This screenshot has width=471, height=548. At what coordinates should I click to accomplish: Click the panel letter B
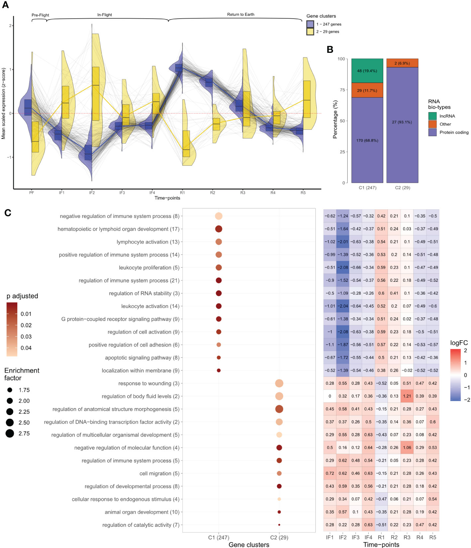coord(330,50)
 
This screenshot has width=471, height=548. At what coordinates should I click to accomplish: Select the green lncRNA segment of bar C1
coord(367,71)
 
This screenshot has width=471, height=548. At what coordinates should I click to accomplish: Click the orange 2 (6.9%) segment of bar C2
coord(402,63)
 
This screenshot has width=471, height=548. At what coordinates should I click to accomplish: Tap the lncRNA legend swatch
coord(432,116)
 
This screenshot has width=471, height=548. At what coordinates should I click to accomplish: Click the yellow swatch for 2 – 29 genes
coord(310,32)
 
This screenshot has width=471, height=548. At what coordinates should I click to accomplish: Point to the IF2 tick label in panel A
coord(92,193)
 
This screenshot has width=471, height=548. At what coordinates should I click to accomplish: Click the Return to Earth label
coord(241,15)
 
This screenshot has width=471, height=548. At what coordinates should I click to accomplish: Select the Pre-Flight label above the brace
coord(40,15)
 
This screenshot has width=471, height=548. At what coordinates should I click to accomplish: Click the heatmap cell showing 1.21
coord(407,396)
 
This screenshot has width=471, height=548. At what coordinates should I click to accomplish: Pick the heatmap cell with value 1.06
coord(407,448)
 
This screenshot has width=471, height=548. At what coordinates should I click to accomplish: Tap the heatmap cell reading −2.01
coord(343,242)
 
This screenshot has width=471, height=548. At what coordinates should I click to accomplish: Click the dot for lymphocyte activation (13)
coord(219,242)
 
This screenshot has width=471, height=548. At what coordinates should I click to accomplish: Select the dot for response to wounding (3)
coord(279,384)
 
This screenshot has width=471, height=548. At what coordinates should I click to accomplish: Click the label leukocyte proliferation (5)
coord(149,268)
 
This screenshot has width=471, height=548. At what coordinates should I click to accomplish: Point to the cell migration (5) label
coord(159,474)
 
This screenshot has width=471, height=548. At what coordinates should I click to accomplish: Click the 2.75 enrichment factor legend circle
coord(10,433)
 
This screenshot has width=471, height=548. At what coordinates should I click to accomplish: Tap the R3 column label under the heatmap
coord(407,537)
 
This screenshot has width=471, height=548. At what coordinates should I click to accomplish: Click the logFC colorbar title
coord(459,343)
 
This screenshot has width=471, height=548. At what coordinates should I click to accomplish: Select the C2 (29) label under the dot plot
coord(279,537)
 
